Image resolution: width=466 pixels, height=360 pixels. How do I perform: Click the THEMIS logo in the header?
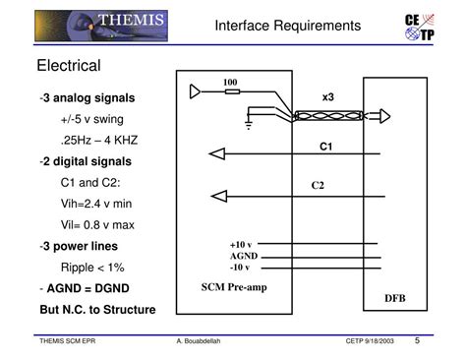tap(100, 23)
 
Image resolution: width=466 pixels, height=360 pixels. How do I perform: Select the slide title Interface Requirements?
tap(288, 25)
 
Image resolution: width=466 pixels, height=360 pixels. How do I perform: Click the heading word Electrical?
tap(70, 66)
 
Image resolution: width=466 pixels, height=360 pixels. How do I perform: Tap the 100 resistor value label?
tap(230, 81)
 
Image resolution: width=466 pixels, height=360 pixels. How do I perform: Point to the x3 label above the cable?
tap(328, 97)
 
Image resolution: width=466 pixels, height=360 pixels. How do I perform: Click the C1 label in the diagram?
tap(327, 147)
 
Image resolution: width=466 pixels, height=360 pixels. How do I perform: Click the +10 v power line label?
tap(241, 244)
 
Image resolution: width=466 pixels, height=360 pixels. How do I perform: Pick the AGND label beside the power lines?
tap(243, 255)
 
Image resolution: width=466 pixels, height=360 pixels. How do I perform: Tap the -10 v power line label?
tap(240, 267)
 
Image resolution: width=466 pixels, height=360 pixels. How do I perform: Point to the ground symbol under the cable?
tap(250, 125)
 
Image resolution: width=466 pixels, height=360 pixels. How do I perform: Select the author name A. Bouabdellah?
tap(199, 343)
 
